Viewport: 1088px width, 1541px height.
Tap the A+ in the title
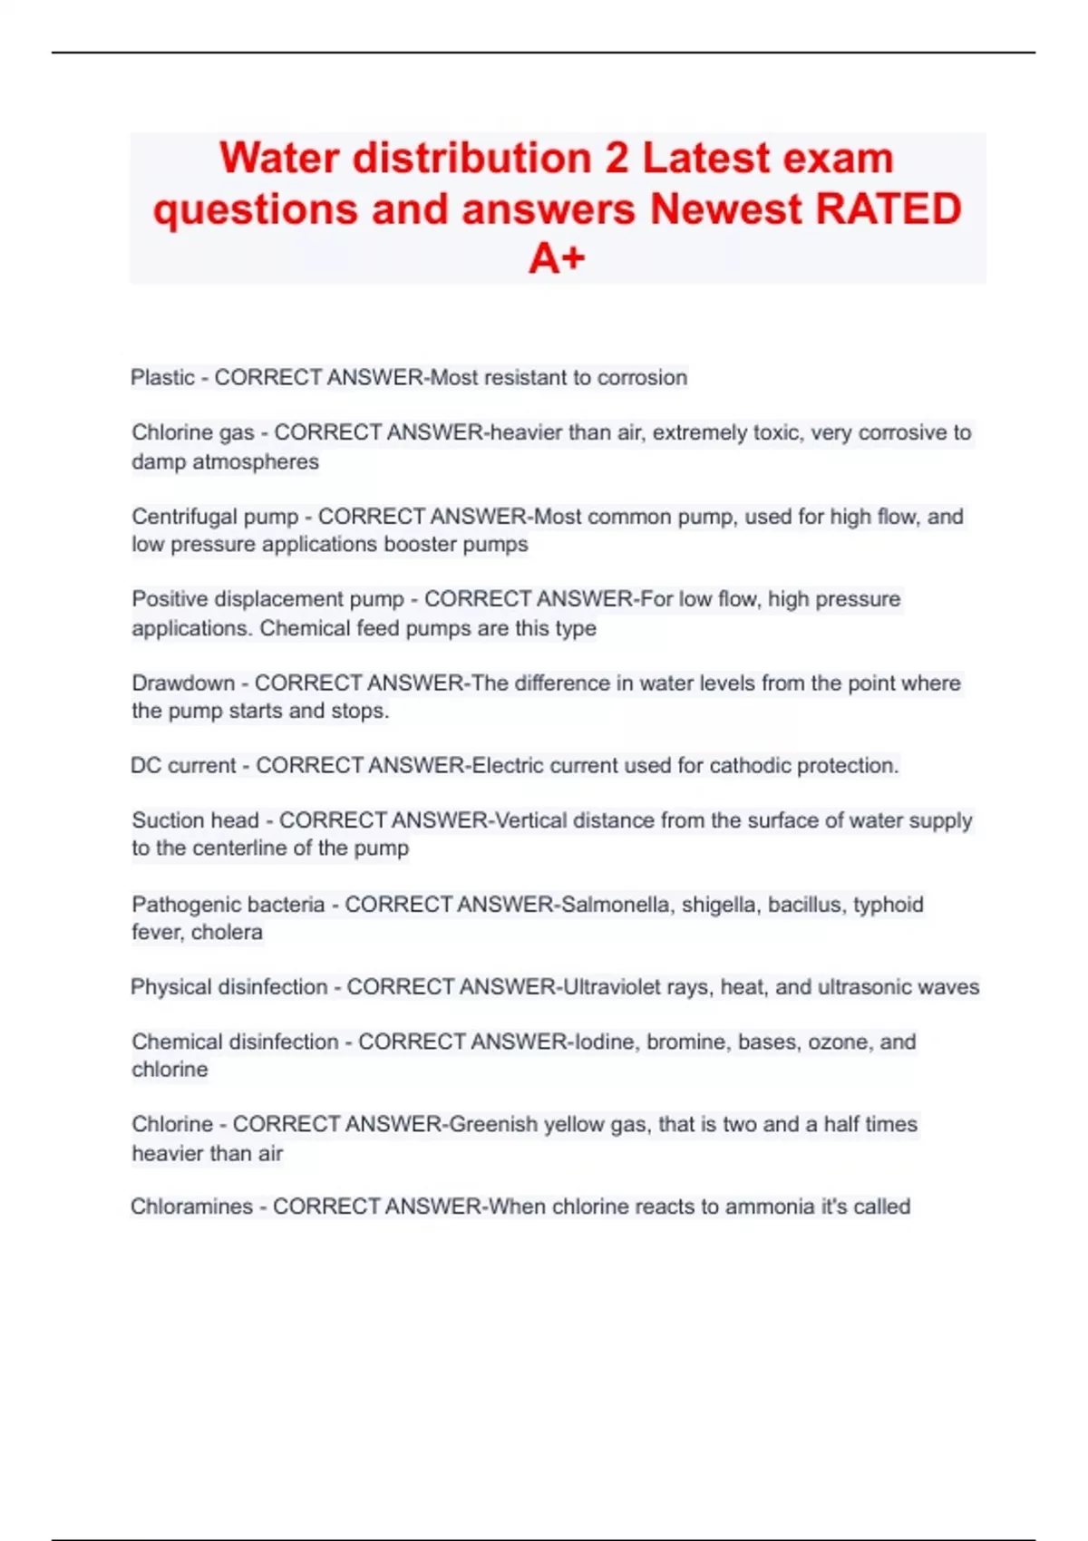[x=557, y=259]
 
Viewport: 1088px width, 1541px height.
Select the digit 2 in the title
[x=617, y=158]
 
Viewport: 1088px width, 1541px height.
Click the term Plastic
[x=163, y=377]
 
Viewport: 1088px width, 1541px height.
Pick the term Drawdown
[x=183, y=683]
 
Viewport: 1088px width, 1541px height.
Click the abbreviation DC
[x=146, y=765]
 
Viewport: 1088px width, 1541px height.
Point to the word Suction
[x=169, y=820]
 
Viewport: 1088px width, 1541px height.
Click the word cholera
[x=227, y=932]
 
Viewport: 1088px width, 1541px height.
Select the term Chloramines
[x=191, y=1207]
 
